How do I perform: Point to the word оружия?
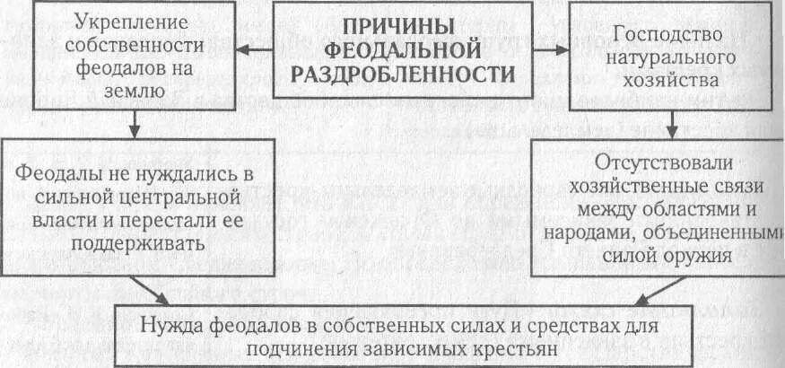pyautogui.click(x=696, y=255)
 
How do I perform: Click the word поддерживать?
pyautogui.click(x=126, y=243)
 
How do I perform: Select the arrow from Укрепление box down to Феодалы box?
pyautogui.click(x=133, y=124)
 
